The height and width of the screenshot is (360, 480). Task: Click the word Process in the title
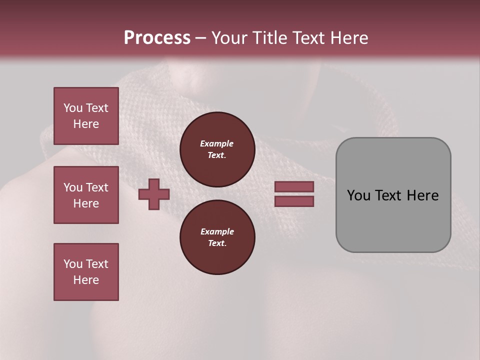tap(157, 38)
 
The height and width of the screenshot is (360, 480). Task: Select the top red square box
tap(86, 116)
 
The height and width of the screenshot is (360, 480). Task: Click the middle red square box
tap(86, 195)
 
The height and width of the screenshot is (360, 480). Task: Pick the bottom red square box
tap(86, 272)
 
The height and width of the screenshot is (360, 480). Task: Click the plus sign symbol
tap(154, 194)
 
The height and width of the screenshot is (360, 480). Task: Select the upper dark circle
tap(217, 149)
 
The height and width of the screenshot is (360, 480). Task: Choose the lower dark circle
tap(217, 237)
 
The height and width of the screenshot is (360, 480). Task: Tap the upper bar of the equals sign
tap(294, 186)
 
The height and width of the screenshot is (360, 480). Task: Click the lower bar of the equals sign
tap(294, 201)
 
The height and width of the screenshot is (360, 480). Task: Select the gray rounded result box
tap(393, 195)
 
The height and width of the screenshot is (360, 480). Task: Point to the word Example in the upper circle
tap(217, 143)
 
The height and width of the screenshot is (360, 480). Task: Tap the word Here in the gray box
tap(422, 195)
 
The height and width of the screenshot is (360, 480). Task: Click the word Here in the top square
tap(86, 124)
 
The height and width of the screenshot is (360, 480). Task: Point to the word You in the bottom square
tap(73, 264)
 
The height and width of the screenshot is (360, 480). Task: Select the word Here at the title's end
tap(348, 38)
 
